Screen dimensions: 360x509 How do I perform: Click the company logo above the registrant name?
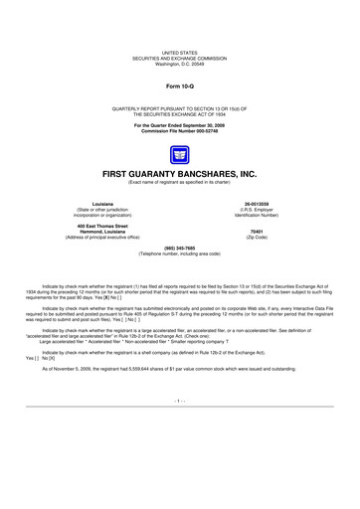180,154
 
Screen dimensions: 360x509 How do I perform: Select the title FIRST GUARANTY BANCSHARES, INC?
180,173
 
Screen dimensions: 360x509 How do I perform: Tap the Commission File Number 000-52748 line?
180,133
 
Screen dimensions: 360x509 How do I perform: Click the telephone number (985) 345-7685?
180,249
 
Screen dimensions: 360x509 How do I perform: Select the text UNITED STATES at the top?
180,49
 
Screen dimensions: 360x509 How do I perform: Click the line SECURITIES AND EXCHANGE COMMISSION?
180,54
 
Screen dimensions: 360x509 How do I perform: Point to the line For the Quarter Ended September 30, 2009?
180,127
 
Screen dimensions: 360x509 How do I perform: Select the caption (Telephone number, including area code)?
180,254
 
